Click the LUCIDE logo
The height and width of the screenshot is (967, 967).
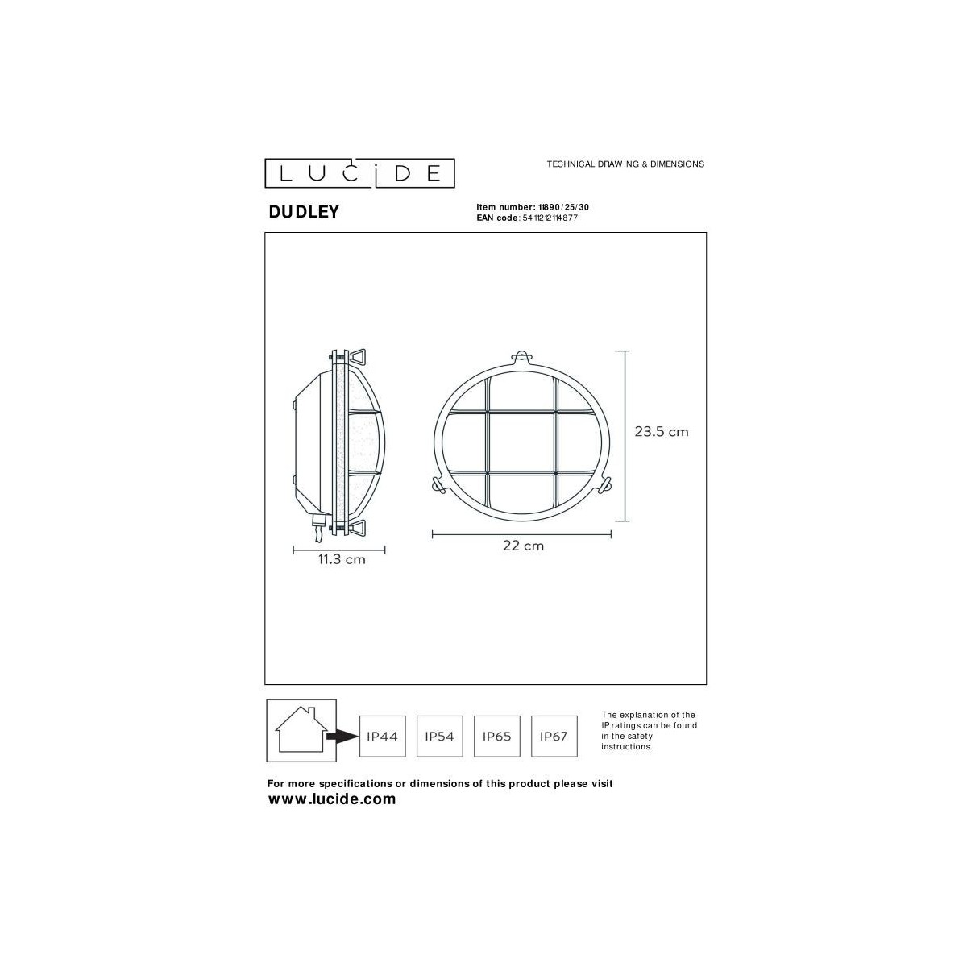coord(359,173)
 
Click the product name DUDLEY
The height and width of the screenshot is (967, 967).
coord(304,212)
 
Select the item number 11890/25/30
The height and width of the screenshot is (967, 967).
coord(563,207)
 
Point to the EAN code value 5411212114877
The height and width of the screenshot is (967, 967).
coord(550,218)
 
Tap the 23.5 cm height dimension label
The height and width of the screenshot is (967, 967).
coord(662,432)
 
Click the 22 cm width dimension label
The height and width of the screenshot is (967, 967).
coord(524,546)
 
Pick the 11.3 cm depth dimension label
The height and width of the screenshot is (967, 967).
coord(342,559)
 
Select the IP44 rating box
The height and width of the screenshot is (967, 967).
coord(383,737)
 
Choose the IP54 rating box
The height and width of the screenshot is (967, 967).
coord(440,737)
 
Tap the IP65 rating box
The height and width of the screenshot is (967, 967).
coord(497,737)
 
